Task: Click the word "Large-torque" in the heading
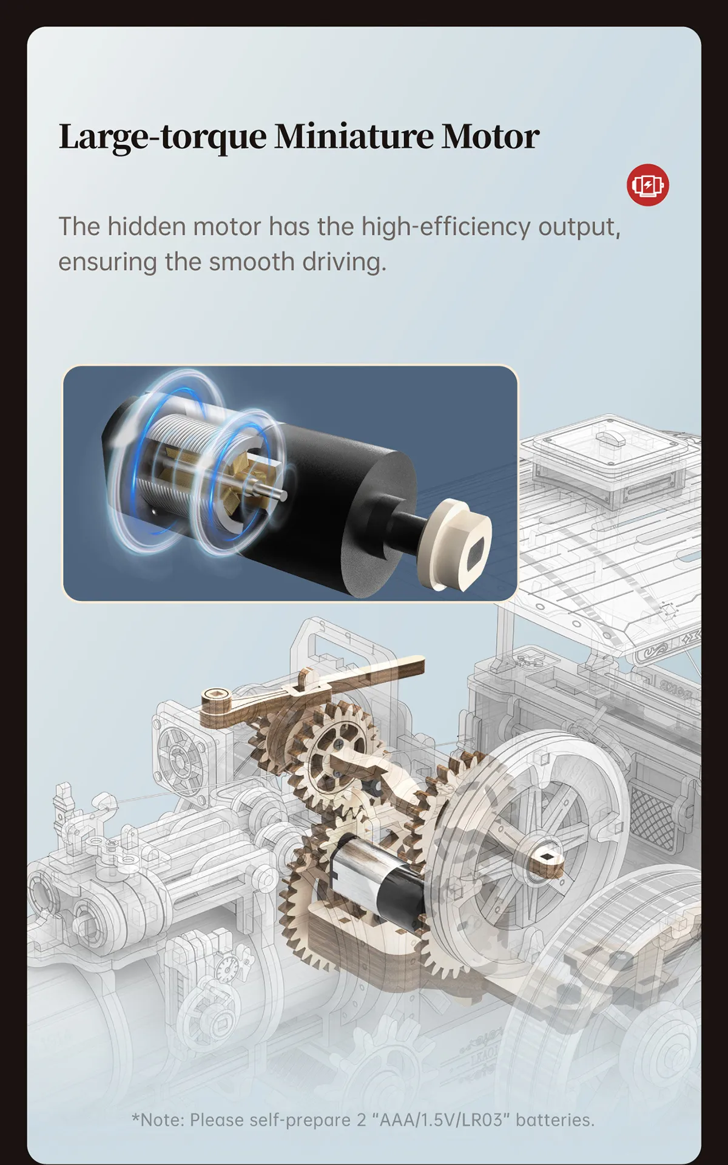click(x=163, y=137)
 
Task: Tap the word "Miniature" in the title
click(x=354, y=136)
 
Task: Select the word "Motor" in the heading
click(x=490, y=136)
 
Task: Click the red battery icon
click(x=648, y=184)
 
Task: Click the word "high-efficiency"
click(x=446, y=228)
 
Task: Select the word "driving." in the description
click(x=344, y=263)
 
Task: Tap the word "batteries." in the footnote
click(x=555, y=1120)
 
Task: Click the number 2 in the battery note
click(x=361, y=1120)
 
